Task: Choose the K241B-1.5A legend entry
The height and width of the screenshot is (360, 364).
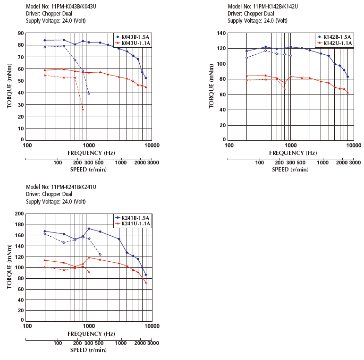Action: coord(135,217)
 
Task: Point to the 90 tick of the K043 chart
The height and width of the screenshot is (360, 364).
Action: coord(21,33)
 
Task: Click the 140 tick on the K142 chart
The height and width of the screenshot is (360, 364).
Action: coord(221,33)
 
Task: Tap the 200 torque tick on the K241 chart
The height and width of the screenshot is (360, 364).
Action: coord(19,214)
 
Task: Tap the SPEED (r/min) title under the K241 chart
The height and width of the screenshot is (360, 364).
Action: coord(88,350)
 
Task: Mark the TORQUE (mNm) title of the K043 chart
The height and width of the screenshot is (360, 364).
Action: coord(9,87)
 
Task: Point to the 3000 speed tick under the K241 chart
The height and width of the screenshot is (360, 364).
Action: coord(152,343)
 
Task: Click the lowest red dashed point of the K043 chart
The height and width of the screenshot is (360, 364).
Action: coord(83,110)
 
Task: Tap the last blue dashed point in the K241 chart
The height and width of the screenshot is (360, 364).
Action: coord(100,254)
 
